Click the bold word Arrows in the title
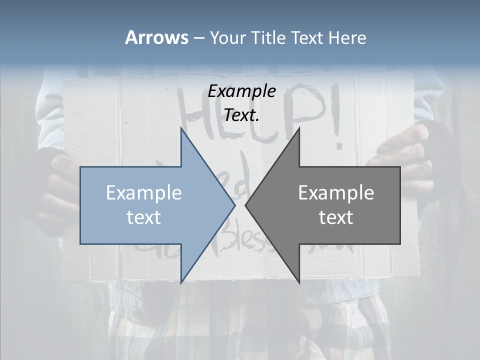(157, 37)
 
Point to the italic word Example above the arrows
(241, 91)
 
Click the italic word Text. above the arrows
(241, 115)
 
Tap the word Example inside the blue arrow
(144, 193)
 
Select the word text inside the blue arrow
(144, 217)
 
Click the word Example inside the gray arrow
(336, 193)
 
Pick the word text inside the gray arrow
(336, 217)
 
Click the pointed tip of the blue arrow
(234, 205)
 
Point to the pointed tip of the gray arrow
(245, 205)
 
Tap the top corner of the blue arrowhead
(181, 127)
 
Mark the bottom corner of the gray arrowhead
(299, 283)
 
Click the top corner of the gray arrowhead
(299, 127)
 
